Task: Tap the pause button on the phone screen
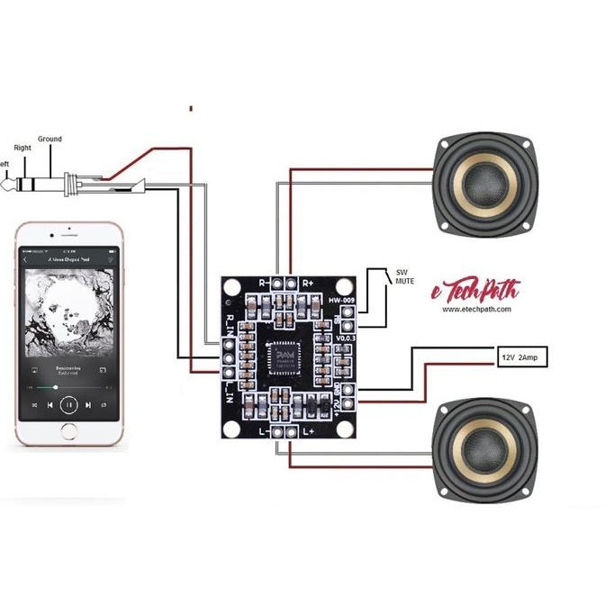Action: point(69,405)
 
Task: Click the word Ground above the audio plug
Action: point(50,140)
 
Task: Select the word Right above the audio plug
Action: point(23,147)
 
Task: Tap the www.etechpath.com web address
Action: point(476,309)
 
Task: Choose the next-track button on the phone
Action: point(88,405)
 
